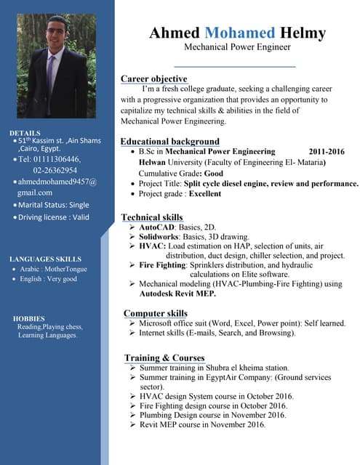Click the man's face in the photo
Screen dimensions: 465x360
tap(57, 32)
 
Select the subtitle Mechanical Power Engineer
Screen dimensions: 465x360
tap(237, 47)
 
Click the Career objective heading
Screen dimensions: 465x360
tap(153, 78)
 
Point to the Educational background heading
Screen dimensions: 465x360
tap(169, 141)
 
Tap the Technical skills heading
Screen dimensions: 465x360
tap(151, 217)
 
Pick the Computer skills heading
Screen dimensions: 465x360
tap(155, 313)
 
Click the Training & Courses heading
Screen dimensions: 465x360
tap(164, 357)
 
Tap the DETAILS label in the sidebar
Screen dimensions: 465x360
tap(25, 133)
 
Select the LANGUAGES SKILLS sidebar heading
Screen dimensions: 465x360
tap(45, 259)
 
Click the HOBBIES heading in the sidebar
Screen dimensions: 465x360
tap(28, 318)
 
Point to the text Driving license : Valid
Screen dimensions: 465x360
tap(53, 217)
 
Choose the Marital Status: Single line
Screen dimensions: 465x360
tap(52, 205)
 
